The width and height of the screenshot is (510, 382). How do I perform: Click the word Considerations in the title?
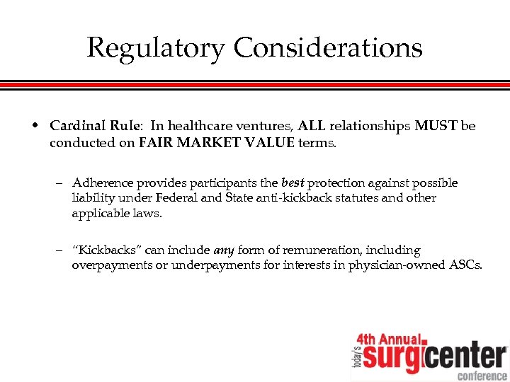coord(328,48)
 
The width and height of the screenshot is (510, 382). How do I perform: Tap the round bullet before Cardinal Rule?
coord(35,126)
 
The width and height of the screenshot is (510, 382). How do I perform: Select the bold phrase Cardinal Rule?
coord(95,126)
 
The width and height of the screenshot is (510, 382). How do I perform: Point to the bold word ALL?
coord(311,126)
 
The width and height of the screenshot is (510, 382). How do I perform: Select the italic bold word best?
coord(293,183)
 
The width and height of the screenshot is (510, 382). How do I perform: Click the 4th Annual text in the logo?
coord(388,340)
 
